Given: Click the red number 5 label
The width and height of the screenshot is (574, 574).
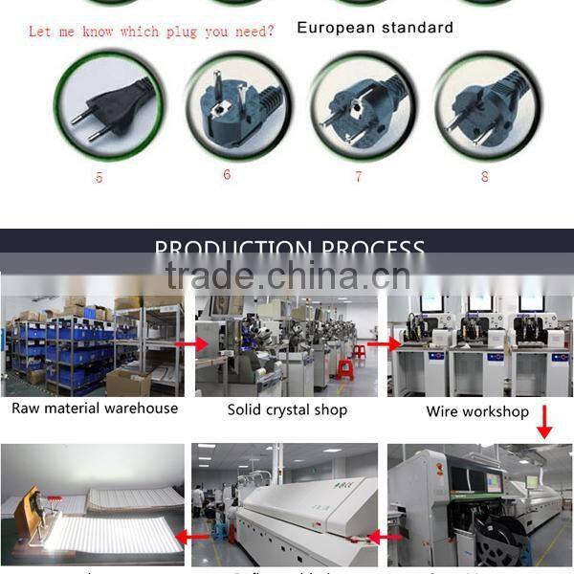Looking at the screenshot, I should coord(99,178).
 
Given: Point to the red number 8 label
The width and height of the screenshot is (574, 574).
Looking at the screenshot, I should coord(485,176).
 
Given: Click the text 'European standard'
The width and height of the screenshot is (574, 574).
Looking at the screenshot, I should coord(375,28).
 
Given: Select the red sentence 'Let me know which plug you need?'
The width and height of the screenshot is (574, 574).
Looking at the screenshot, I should coord(151,32).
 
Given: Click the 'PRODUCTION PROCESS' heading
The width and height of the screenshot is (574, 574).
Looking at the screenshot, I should coord(289,251).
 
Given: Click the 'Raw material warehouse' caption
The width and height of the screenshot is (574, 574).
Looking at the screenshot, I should coord(95,408).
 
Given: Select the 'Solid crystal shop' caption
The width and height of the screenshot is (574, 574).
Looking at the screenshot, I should coord(287,410).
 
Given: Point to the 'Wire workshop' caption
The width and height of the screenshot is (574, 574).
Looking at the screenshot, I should coord(477,412).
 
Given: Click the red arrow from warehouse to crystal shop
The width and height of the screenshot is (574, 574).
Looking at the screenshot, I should coord(196,342).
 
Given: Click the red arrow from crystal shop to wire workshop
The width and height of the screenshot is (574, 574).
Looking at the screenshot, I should coord(385,343).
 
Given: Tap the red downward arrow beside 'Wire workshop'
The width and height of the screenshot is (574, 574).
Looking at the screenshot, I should coord(544,422).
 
